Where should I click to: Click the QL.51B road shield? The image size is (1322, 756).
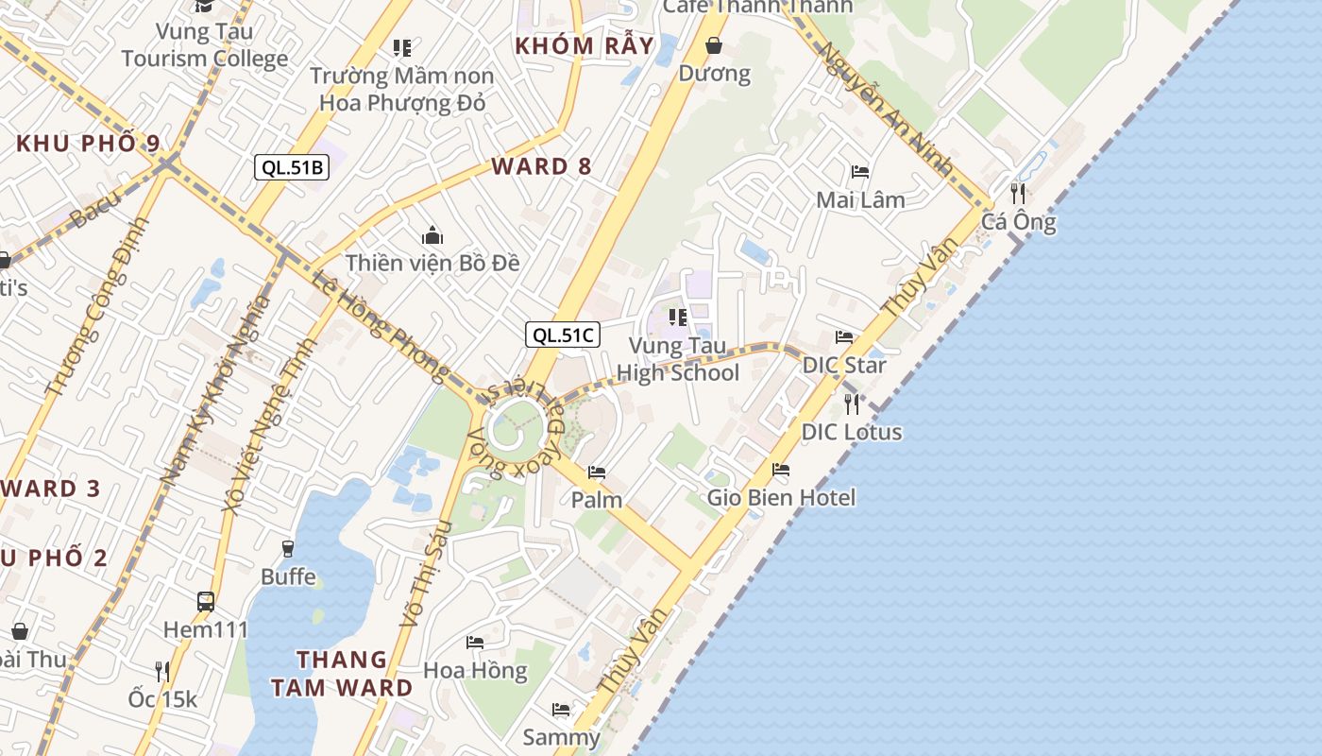[x=292, y=167]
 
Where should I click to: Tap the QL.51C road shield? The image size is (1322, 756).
[x=563, y=334]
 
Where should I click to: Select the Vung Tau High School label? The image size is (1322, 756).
[x=677, y=359]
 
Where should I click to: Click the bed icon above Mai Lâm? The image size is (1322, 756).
[x=860, y=172]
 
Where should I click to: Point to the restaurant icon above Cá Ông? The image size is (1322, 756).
[x=1018, y=194]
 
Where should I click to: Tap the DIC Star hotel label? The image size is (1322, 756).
[x=844, y=365]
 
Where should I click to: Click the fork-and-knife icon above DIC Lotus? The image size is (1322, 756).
[x=852, y=404]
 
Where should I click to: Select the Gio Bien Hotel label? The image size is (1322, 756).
[x=781, y=497]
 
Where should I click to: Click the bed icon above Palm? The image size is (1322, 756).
[x=597, y=472]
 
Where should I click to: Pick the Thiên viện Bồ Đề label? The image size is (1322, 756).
[x=432, y=263]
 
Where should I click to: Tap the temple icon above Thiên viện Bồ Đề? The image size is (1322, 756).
[x=432, y=235]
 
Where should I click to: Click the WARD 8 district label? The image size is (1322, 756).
[x=541, y=167]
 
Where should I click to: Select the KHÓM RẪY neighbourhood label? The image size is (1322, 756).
[x=585, y=45]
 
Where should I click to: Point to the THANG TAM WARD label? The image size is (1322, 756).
[x=342, y=673]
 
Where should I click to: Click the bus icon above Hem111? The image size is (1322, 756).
[x=206, y=601]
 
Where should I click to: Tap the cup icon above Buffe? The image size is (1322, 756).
[x=288, y=548]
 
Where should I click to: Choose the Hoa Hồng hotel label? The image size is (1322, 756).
[x=475, y=670]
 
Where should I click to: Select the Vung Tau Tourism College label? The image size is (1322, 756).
[x=204, y=44]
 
